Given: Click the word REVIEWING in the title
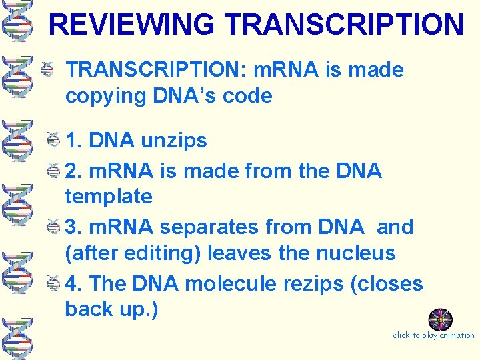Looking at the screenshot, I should tap(133, 25).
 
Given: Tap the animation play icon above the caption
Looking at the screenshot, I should tap(440, 319).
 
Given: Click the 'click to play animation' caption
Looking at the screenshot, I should tap(433, 335).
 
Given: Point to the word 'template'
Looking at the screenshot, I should tap(109, 197).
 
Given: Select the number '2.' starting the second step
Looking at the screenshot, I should tap(74, 171).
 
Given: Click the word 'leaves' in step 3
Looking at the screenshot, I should tap(239, 253).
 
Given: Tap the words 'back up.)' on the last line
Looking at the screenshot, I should tap(111, 310).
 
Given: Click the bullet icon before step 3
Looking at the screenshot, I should tap(57, 227).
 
